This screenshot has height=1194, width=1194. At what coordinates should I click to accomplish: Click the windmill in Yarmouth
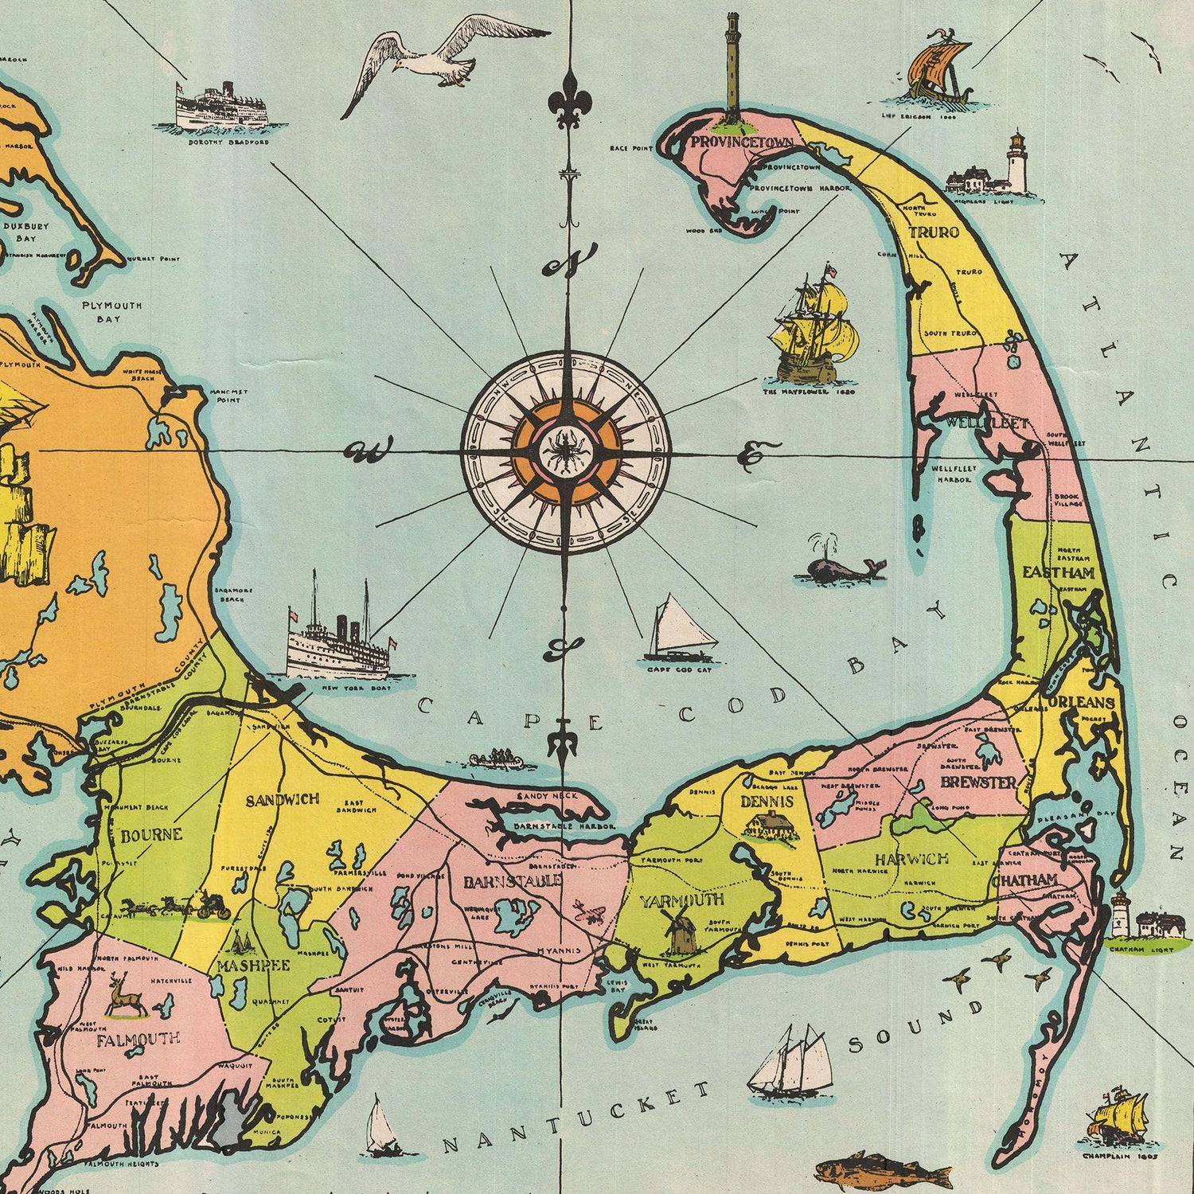pyautogui.click(x=679, y=930)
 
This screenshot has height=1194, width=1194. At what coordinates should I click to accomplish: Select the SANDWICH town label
pyautogui.click(x=282, y=799)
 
